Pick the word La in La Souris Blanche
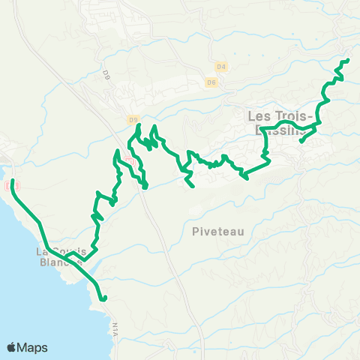44,251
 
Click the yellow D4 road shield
220,66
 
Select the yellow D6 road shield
212,82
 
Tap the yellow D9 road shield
133,118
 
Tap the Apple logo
12,347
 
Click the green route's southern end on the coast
105,298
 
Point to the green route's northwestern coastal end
13,181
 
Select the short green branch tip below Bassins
301,141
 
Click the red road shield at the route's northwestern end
8,185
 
